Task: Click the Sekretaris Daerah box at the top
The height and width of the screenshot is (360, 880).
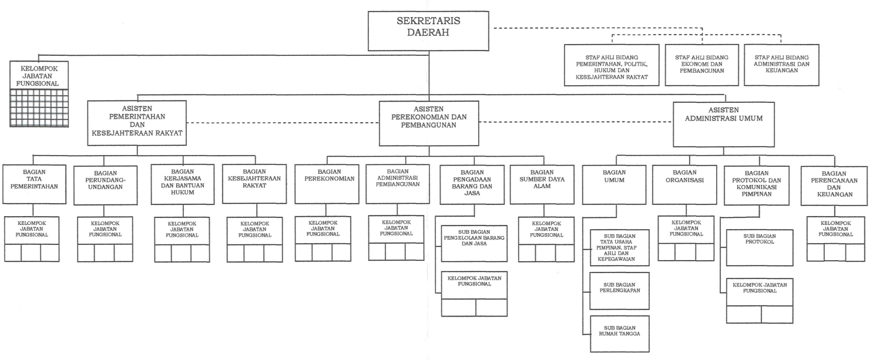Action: pos(429,31)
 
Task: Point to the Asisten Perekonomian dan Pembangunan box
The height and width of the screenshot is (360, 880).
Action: pos(429,123)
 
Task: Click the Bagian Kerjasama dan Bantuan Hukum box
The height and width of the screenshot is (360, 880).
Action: pos(181,184)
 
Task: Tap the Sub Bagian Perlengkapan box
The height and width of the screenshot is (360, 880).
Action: pos(619,291)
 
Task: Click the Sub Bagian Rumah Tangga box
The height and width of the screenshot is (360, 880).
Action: pos(619,334)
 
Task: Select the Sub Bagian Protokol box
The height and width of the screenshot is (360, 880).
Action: pos(759,247)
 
